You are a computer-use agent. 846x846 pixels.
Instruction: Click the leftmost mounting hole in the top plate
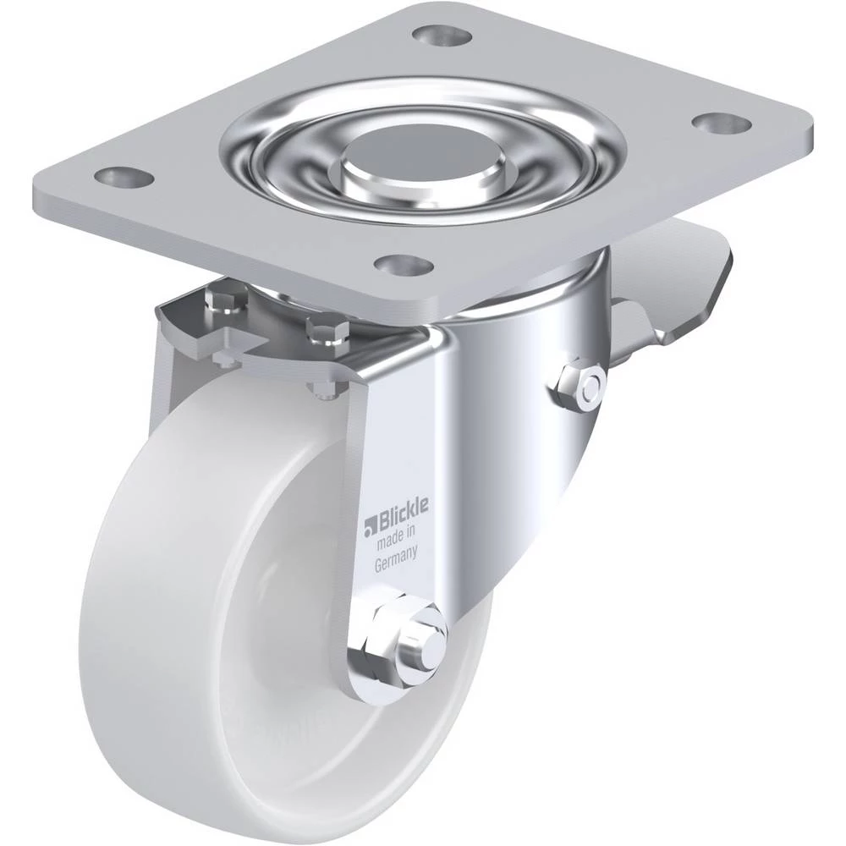click(124, 178)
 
